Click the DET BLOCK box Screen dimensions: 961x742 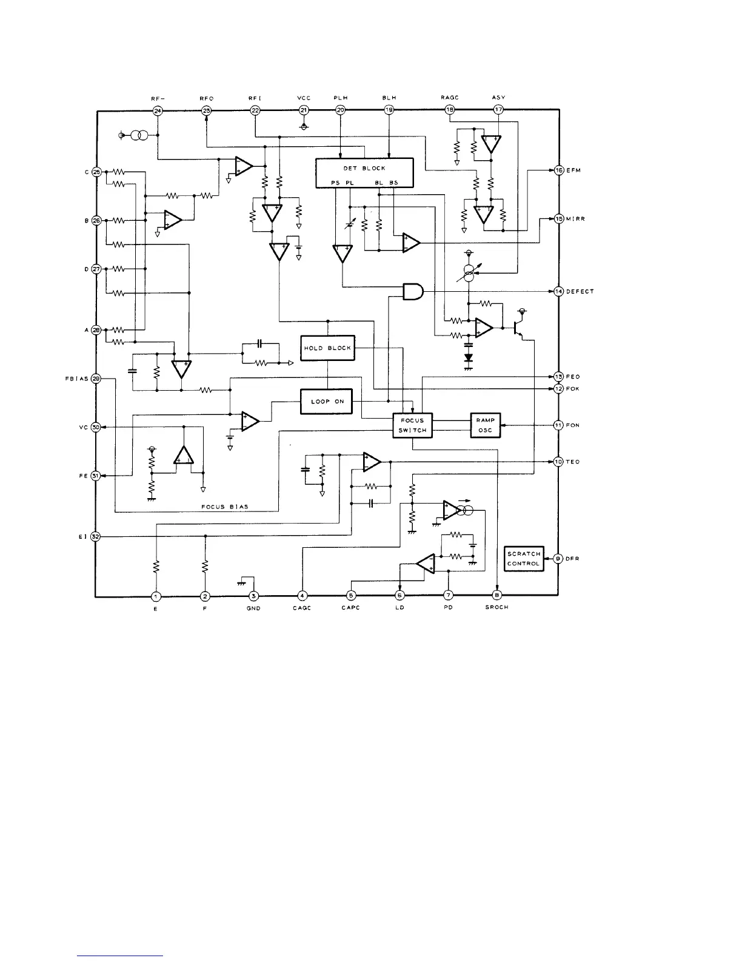[x=364, y=172]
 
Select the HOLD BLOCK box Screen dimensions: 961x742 [x=327, y=348]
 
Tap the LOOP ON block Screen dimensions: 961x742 [x=327, y=402]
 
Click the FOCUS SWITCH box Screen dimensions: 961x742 [x=412, y=425]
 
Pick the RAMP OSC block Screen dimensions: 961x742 [x=485, y=425]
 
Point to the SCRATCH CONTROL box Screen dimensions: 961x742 [x=523, y=559]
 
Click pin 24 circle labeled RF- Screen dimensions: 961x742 [x=158, y=110]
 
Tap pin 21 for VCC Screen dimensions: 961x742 [x=304, y=110]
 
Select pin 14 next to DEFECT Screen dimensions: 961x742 [x=559, y=292]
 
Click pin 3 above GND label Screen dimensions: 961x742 [x=254, y=596]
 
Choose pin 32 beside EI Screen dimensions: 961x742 [x=96, y=537]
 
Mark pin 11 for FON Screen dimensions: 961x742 [x=559, y=425]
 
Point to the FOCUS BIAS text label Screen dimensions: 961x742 [x=224, y=507]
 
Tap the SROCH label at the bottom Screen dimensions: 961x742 [x=496, y=608]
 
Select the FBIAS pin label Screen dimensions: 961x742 [x=77, y=379]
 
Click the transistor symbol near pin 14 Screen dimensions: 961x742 [x=517, y=328]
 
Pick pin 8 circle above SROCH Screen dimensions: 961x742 [x=497, y=596]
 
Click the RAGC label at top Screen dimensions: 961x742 [x=449, y=98]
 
